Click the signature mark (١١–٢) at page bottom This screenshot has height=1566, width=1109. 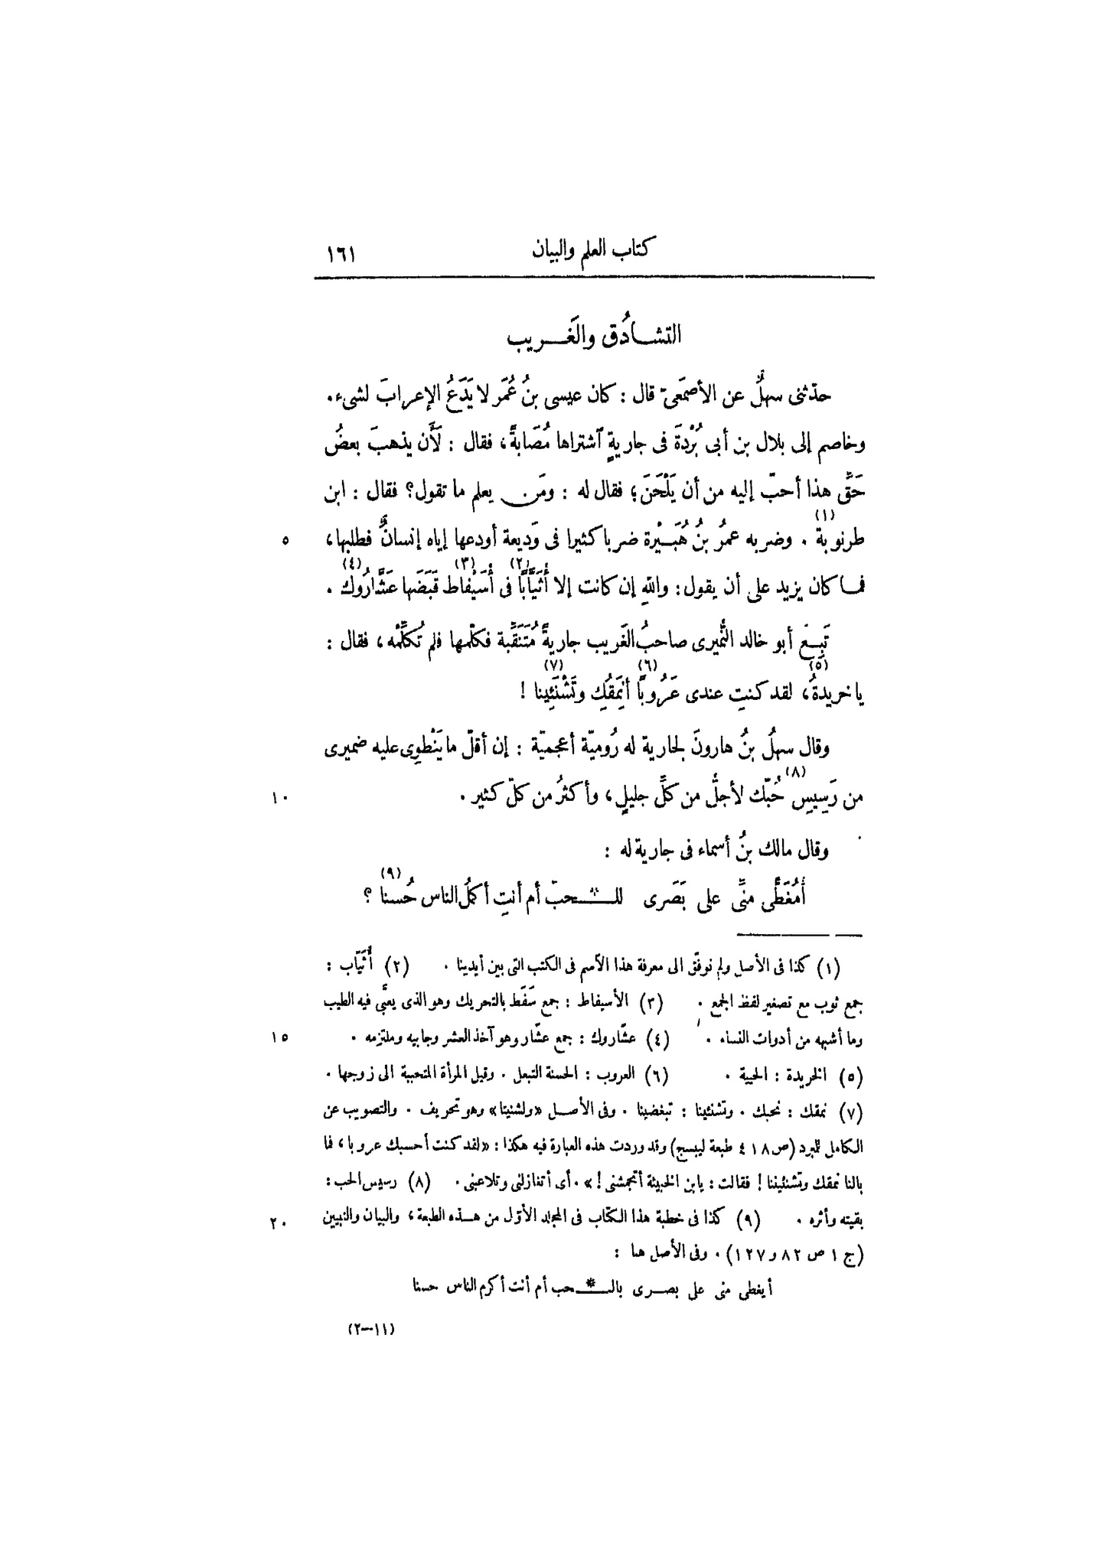coord(372,1329)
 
